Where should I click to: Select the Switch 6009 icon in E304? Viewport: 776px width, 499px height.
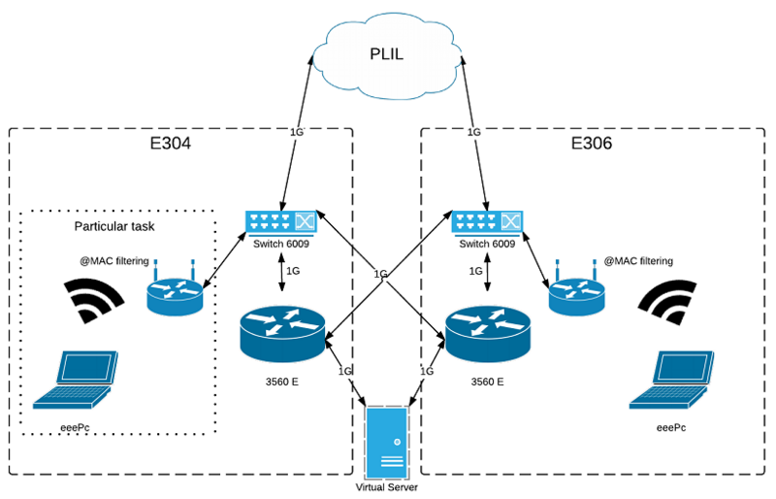[x=281, y=222]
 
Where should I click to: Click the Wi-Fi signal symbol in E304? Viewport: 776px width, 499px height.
[x=96, y=300]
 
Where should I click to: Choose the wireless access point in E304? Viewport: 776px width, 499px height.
[x=176, y=291]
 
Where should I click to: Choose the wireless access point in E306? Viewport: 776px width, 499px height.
[x=578, y=291]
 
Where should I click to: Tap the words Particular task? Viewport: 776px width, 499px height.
[x=115, y=226]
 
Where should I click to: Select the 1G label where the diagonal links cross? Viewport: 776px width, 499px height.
[x=381, y=275]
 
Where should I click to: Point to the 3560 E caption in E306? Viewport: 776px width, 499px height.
[x=486, y=382]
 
